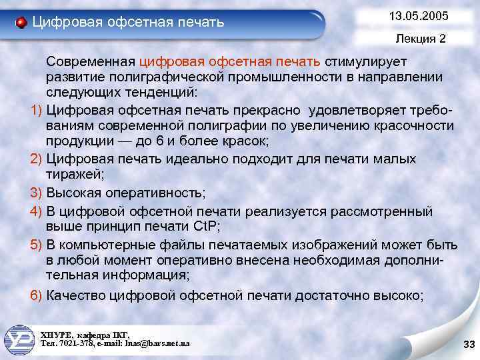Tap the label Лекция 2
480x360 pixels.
tap(420, 39)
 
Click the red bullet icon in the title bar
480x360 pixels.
tap(21, 23)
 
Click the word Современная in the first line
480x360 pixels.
tap(91, 62)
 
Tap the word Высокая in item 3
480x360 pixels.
tap(71, 193)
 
